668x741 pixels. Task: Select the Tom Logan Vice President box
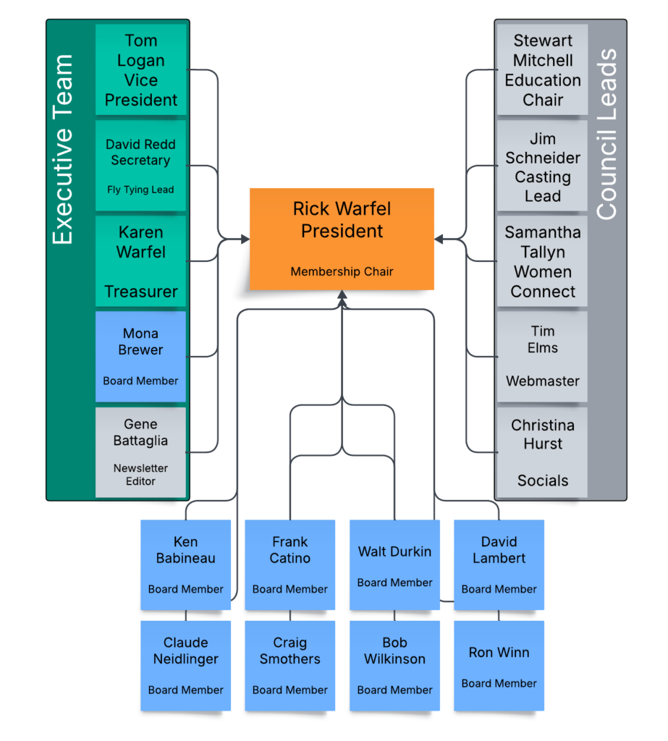coord(141,70)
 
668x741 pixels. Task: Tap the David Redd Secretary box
coord(141,166)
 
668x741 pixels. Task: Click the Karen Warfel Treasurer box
coord(141,261)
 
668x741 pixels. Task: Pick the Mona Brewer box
coord(141,357)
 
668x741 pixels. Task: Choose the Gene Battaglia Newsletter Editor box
coord(141,452)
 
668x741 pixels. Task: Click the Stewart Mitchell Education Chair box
coord(543,70)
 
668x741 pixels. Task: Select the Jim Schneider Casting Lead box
coord(543,166)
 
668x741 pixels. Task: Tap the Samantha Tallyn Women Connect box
coord(543,261)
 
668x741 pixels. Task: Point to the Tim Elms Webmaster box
coord(543,357)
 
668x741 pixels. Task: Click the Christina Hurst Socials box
coord(543,452)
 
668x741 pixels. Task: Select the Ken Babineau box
coord(186,564)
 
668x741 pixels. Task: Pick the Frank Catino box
coord(290,564)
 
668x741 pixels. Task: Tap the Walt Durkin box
coord(395,564)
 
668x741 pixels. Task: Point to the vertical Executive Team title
coord(64,150)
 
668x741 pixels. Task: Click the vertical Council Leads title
coord(606,135)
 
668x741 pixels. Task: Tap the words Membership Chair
coord(342,272)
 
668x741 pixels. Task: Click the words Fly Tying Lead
coord(140,190)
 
